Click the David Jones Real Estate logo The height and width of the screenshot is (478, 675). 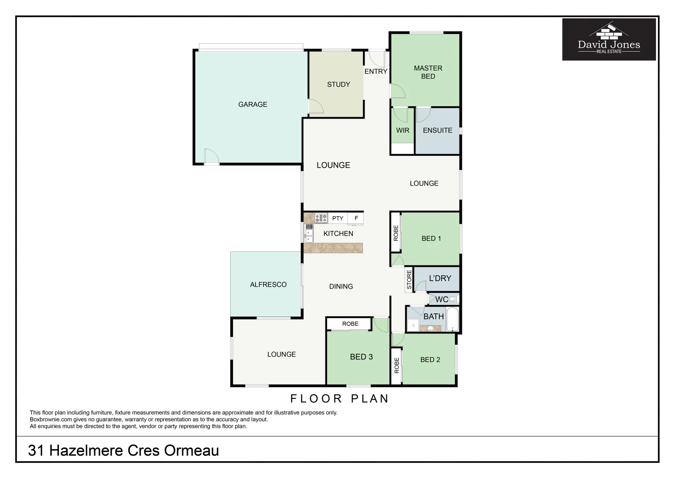coord(609,39)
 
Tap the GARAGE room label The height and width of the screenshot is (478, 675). coord(252,104)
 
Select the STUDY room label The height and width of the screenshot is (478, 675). coord(338,84)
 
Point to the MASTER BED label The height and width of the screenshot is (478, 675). coord(427,72)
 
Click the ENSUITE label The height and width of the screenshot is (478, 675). coord(437,130)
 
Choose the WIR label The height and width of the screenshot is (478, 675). coord(402,130)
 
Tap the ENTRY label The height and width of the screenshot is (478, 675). coord(375,71)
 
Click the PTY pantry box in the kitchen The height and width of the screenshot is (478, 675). coord(338,218)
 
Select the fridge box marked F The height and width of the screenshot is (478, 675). coord(356,218)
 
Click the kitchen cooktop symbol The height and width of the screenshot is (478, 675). coord(321,218)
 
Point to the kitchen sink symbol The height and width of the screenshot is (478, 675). coord(309,233)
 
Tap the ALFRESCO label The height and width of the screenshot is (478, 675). coord(268,285)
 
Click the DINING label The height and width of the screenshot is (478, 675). coord(341,286)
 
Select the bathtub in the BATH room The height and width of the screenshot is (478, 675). coord(453,320)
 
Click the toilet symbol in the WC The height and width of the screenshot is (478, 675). coord(452,299)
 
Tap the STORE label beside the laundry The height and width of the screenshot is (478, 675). coord(409,281)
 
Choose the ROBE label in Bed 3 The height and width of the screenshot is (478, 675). coord(350,324)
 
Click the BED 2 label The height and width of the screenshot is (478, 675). coord(430,359)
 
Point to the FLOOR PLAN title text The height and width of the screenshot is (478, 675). coord(339,399)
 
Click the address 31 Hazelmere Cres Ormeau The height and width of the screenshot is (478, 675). coord(123,451)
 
